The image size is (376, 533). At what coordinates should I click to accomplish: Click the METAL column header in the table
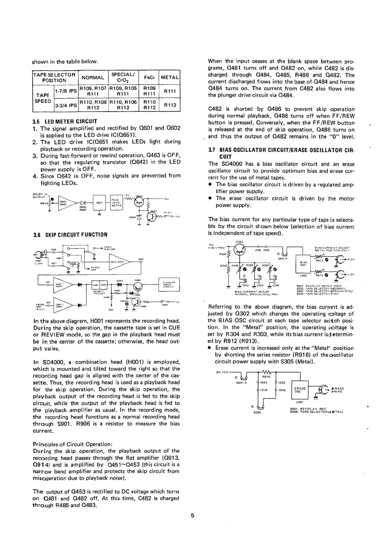[x=170, y=77]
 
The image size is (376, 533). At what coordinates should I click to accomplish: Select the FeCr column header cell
[x=150, y=77]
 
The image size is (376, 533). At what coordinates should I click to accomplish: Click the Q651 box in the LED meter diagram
[x=99, y=202]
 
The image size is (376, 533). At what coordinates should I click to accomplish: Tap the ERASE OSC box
[x=300, y=390]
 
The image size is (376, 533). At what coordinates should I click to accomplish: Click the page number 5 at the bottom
[x=193, y=515]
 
